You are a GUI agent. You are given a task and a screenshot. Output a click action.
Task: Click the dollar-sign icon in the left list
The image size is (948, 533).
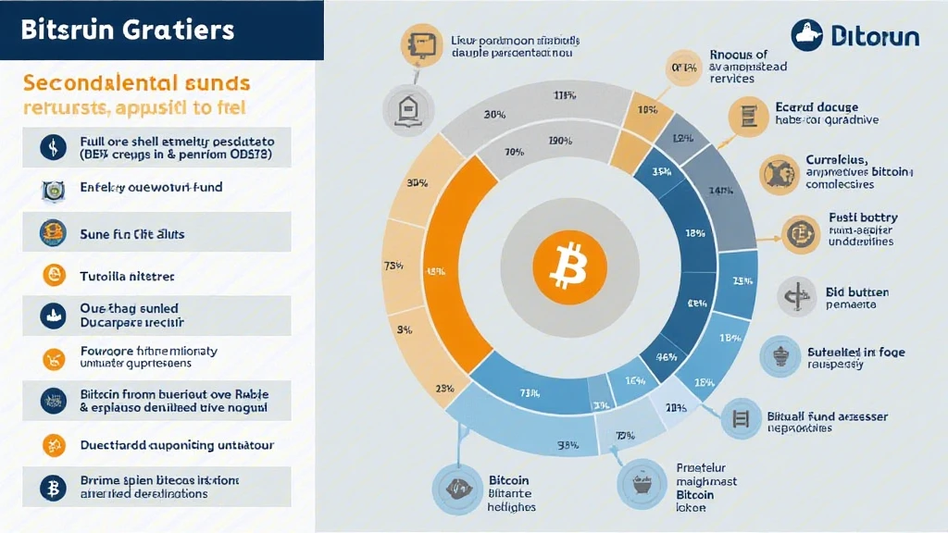pyautogui.click(x=52, y=146)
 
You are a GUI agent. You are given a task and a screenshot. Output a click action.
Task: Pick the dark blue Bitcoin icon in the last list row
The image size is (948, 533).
pyautogui.click(x=52, y=487)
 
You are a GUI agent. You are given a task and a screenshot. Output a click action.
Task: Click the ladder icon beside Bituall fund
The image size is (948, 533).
pyautogui.click(x=739, y=418)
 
